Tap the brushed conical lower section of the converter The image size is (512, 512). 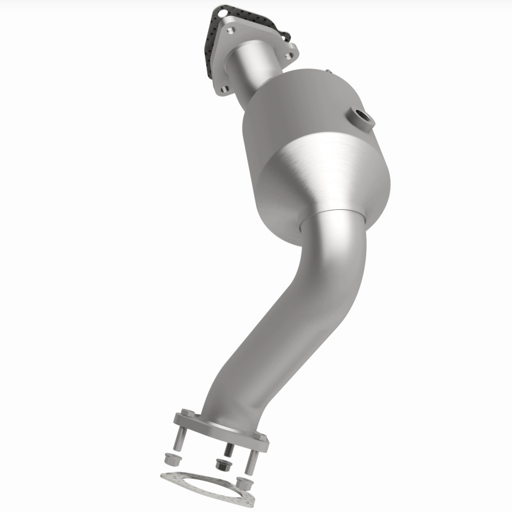320,179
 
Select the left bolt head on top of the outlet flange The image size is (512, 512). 186,413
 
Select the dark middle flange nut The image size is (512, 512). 221,465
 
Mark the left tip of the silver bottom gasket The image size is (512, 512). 161,476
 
